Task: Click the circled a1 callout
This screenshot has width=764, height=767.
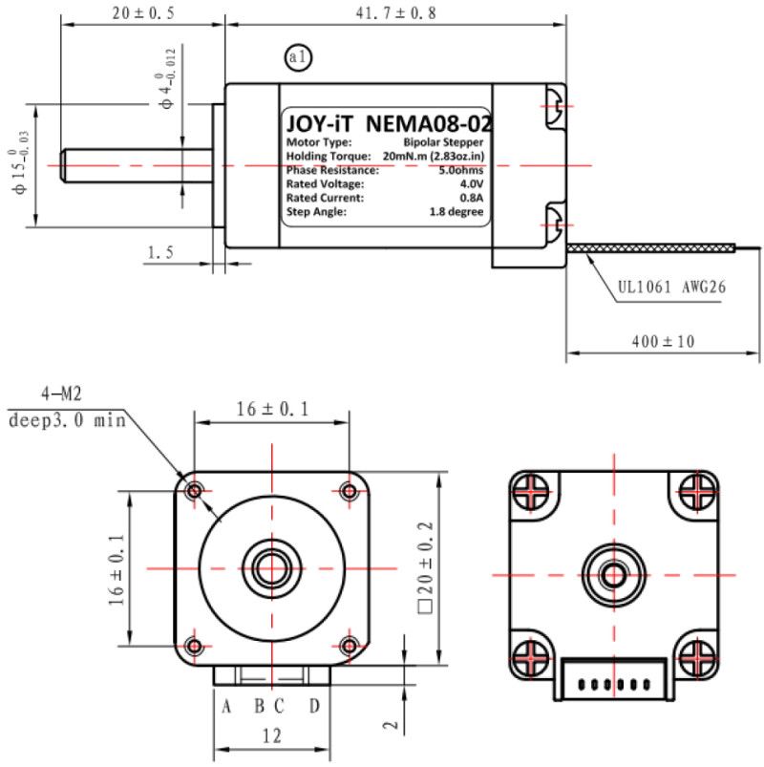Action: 298,57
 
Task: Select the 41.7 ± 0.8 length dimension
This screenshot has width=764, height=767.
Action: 395,13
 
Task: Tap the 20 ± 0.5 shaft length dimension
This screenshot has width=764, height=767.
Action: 143,13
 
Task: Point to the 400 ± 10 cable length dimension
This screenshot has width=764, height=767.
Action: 663,341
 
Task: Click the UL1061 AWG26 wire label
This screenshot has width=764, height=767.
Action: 671,287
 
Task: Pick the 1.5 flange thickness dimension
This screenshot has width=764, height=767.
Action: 160,252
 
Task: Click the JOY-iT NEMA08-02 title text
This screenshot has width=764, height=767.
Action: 389,124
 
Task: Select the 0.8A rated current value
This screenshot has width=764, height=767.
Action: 472,198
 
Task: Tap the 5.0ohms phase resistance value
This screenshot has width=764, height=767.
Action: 460,170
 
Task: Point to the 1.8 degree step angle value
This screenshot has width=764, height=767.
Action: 456,212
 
